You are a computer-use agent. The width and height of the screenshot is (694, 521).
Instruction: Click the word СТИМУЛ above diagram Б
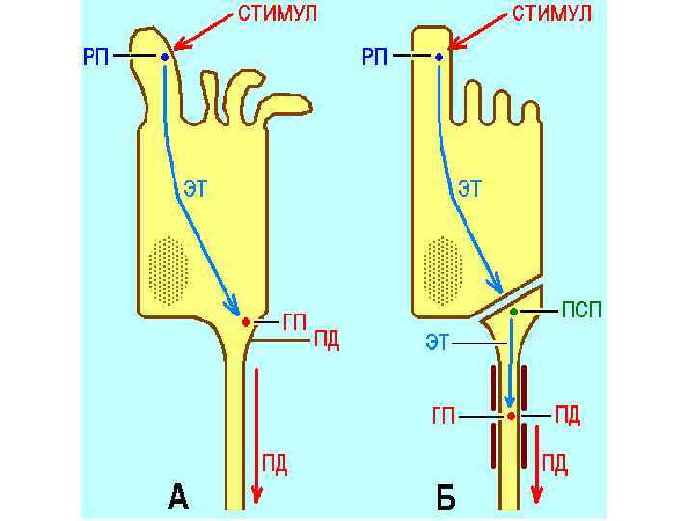click(x=551, y=14)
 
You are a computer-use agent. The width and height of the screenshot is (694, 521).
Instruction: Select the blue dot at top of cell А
click(x=165, y=58)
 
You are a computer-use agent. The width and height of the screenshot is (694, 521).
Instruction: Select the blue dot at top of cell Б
click(x=439, y=58)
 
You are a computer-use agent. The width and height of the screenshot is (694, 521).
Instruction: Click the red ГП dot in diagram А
click(x=246, y=321)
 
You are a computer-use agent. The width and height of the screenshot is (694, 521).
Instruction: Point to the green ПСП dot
click(x=514, y=312)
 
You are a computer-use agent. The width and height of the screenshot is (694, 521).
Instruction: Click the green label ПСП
click(x=582, y=311)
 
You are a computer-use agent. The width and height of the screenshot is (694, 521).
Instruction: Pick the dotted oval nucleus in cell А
click(x=170, y=269)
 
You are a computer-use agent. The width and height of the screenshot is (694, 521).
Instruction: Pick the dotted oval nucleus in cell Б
click(x=443, y=269)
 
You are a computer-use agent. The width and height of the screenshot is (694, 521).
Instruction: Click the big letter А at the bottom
click(x=178, y=498)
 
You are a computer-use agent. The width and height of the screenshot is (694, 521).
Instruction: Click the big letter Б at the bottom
click(x=445, y=498)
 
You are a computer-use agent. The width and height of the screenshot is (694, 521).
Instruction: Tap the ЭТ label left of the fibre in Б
click(x=439, y=341)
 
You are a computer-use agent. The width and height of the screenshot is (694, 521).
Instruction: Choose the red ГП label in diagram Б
click(x=443, y=417)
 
